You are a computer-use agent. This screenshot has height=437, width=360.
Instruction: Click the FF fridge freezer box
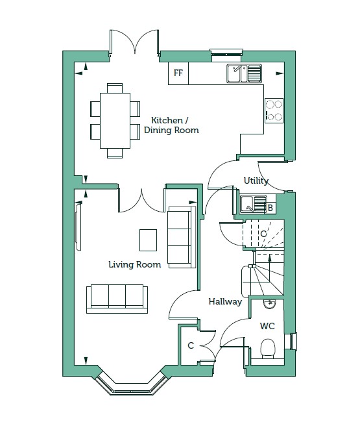pyautogui.click(x=178, y=73)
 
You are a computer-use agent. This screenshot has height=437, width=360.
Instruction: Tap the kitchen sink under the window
pyautogui.click(x=244, y=73)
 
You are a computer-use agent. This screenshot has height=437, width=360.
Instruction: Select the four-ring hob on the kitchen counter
pyautogui.click(x=274, y=110)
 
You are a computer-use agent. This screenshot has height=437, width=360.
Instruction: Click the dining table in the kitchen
pyautogui.click(x=115, y=121)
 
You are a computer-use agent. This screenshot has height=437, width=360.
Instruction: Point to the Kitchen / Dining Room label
pyautogui.click(x=171, y=125)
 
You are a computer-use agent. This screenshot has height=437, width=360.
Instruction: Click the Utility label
pyautogui.click(x=256, y=181)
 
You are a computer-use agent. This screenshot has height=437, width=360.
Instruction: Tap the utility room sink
pyautogui.click(x=253, y=204)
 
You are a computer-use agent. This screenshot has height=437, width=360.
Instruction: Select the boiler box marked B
pyautogui.click(x=270, y=208)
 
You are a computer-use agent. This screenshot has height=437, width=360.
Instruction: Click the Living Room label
pyautogui.click(x=135, y=264)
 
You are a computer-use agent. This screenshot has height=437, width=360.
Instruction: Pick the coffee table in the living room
pyautogui.click(x=148, y=240)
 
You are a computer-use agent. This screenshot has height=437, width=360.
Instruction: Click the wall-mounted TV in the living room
pyautogui.click(x=78, y=227)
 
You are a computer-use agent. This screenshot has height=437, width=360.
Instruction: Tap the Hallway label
pyautogui.click(x=225, y=301)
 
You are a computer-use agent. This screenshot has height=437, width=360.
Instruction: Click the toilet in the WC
pyautogui.click(x=268, y=349)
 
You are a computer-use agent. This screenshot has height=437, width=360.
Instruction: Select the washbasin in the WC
pyautogui.click(x=269, y=304)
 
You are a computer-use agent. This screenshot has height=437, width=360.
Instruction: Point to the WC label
pyautogui.click(x=267, y=326)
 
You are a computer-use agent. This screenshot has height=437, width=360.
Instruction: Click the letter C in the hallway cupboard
pyautogui.click(x=191, y=345)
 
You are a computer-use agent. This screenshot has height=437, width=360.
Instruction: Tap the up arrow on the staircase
pyautogui.click(x=269, y=268)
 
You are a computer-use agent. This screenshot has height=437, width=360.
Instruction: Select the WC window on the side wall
pyautogui.click(x=293, y=341)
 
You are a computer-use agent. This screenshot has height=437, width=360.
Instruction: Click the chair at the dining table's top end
pyautogui.click(x=115, y=88)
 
